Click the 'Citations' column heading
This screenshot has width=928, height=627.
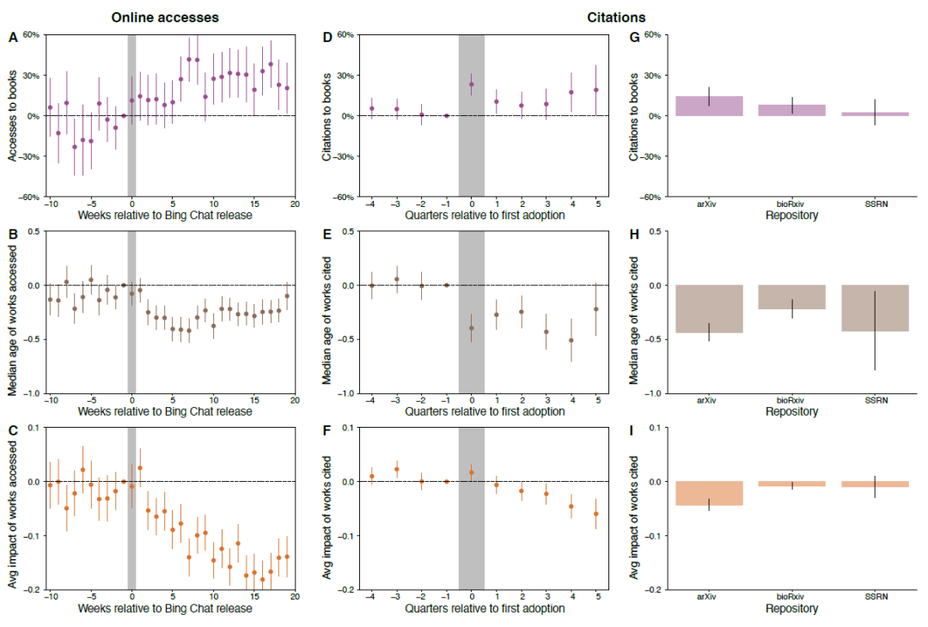click(x=616, y=16)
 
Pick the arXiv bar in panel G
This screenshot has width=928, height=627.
click(x=709, y=106)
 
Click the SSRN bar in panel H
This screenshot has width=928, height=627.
click(x=875, y=307)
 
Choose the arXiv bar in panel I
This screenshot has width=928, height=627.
click(x=709, y=493)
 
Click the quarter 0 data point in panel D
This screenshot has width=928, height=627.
click(x=472, y=84)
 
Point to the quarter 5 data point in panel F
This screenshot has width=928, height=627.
click(x=595, y=514)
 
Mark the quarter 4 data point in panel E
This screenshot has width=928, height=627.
click(x=571, y=340)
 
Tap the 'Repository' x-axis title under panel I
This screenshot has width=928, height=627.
click(x=792, y=608)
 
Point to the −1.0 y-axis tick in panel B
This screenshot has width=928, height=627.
click(x=30, y=393)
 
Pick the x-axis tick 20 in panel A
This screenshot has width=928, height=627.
click(x=295, y=204)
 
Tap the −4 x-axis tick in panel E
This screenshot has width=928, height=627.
click(x=370, y=400)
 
